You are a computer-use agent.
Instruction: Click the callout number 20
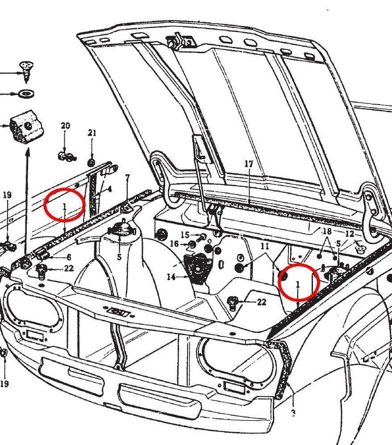(x=65, y=126)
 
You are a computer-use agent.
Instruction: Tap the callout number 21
(x=92, y=133)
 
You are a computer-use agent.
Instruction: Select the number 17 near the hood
(x=249, y=164)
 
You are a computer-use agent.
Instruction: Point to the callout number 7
(x=127, y=178)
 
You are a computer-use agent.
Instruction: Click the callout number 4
(x=109, y=189)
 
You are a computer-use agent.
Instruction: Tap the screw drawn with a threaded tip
(x=27, y=72)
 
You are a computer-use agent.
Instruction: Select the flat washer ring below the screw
(x=26, y=93)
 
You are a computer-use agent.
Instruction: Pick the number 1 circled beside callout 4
(x=65, y=207)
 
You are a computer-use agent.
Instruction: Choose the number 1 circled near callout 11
(x=298, y=284)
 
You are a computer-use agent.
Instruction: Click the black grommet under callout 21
(x=91, y=163)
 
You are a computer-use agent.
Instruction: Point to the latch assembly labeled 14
(x=198, y=267)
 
